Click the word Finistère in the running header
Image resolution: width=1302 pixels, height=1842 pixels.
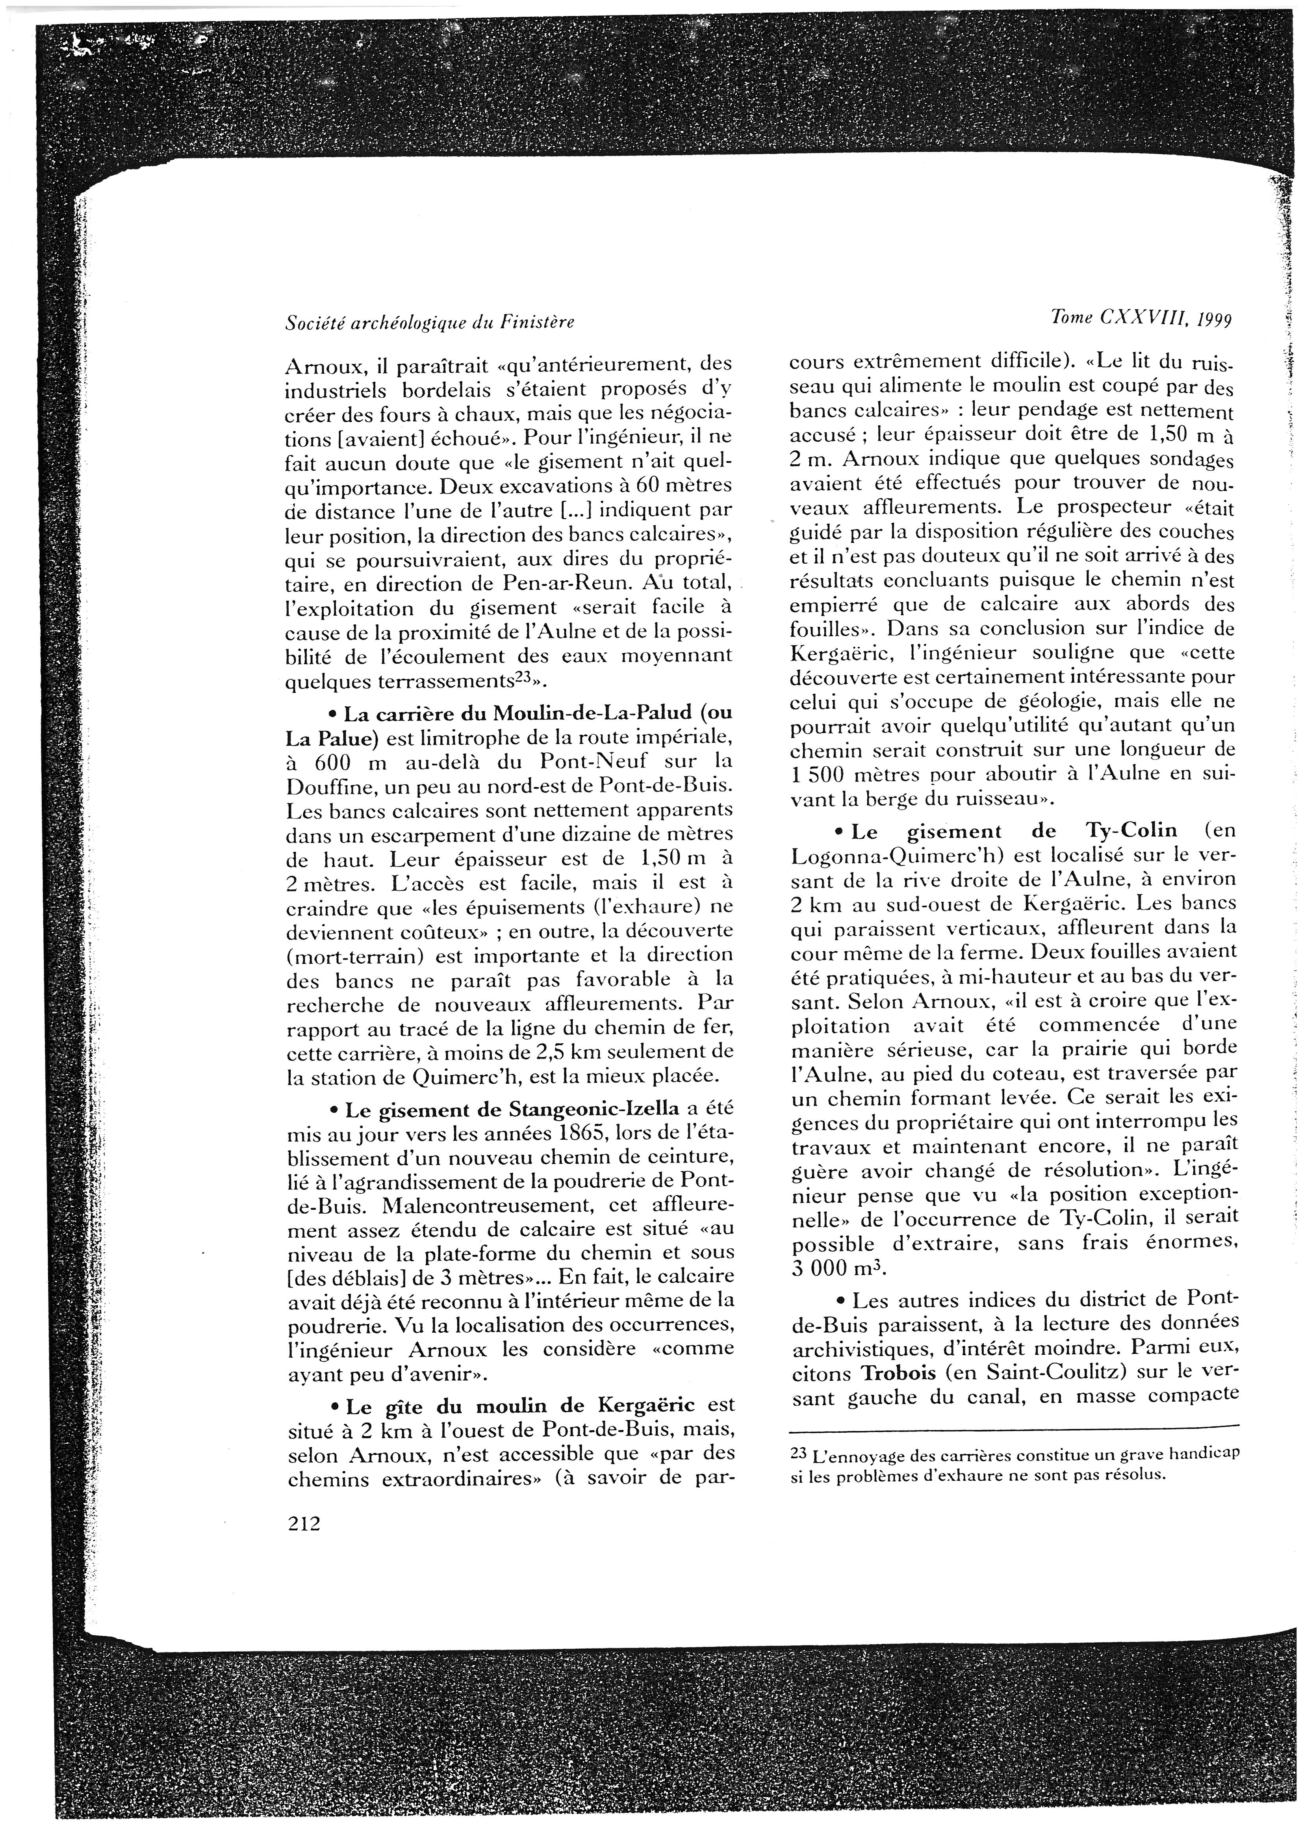point(538,323)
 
